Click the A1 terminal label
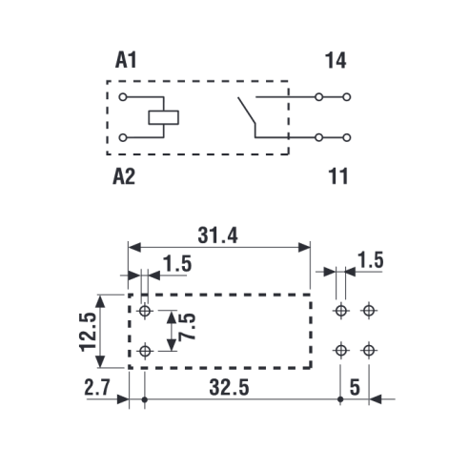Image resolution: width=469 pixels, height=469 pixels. click(126, 60)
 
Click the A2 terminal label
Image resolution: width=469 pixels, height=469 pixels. click(124, 176)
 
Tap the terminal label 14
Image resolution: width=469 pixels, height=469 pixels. click(336, 60)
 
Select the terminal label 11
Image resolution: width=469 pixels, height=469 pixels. click(338, 176)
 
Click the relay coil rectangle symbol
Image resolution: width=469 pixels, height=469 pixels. click(164, 117)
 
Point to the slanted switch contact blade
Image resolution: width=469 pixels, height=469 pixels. click(247, 110)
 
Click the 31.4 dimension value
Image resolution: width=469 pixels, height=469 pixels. click(217, 235)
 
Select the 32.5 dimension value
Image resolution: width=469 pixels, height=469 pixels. click(229, 387)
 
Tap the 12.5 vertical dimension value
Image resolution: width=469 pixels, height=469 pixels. click(89, 332)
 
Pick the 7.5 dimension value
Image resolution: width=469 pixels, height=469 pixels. click(187, 327)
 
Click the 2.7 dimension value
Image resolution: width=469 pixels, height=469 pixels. click(97, 387)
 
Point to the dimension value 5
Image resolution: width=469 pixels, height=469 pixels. click(355, 387)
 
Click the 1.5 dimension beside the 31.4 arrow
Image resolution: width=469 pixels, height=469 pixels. click(177, 264)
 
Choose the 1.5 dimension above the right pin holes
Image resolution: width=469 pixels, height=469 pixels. click(371, 260)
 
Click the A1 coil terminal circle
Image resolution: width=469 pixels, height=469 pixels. click(123, 97)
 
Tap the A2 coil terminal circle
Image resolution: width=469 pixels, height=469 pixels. click(123, 137)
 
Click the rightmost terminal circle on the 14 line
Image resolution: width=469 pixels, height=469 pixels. click(347, 97)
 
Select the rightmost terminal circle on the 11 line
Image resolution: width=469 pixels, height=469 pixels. click(347, 137)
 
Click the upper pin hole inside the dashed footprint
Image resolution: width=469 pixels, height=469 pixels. click(145, 311)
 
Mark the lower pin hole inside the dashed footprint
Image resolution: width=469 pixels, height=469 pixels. click(145, 351)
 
